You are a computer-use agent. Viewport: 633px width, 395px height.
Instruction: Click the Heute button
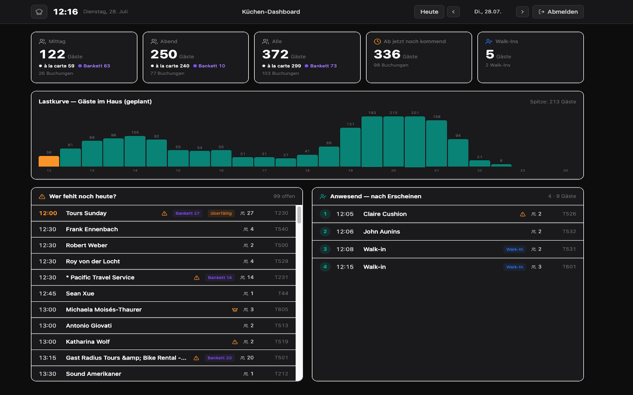point(429,12)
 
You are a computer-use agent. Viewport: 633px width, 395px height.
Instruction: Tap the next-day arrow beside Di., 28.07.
point(522,12)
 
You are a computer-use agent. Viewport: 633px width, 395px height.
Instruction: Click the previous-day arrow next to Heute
point(453,12)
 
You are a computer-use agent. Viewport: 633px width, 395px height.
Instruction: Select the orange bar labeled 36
point(49,161)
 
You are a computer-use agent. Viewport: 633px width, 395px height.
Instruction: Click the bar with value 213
point(393,141)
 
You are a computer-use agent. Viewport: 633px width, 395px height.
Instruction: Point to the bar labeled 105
point(135,151)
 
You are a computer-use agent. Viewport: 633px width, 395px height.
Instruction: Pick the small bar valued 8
point(501,166)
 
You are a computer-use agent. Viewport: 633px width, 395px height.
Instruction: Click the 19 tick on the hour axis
point(351,170)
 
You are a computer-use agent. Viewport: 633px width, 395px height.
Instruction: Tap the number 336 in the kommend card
point(387,54)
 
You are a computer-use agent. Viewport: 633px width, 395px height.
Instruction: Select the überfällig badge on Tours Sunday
point(221,213)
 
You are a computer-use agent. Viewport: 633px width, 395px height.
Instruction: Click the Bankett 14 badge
point(220,278)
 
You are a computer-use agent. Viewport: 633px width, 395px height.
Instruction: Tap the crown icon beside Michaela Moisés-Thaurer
point(235,310)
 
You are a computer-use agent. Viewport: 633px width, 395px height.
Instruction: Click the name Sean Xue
point(80,293)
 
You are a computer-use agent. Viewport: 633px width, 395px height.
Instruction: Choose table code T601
point(569,267)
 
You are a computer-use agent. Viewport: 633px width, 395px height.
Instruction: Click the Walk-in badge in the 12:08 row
point(514,249)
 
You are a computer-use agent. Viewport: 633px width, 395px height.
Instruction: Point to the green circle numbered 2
point(325,231)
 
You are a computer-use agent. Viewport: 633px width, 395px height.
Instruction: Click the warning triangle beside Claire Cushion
point(523,214)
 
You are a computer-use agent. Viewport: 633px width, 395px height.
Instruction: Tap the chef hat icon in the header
point(39,12)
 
